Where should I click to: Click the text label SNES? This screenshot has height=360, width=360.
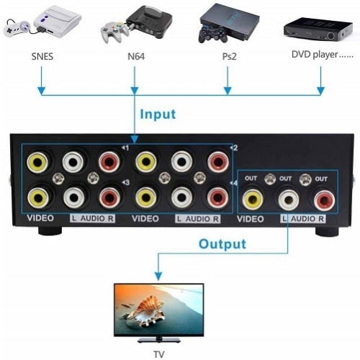point(42,55)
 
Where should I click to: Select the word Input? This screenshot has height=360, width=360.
point(158,114)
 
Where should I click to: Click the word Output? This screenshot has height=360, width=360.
point(224,243)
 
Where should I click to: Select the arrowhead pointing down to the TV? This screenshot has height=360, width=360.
point(158,276)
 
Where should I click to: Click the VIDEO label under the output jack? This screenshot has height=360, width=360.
point(251,219)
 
